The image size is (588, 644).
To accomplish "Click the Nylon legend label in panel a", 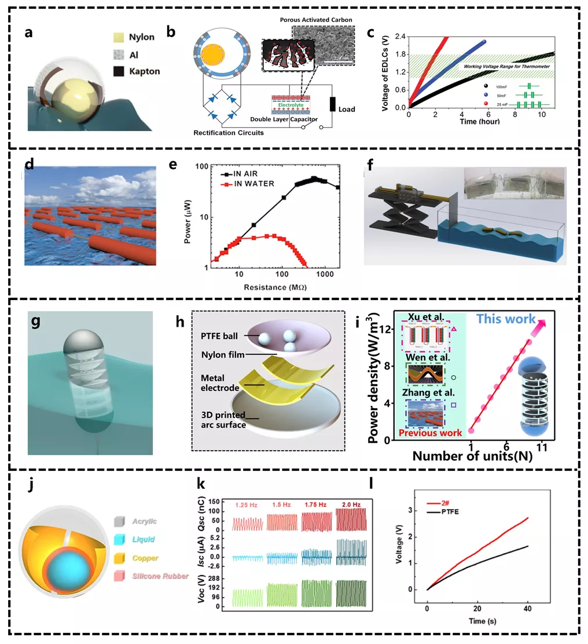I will pos(142,37).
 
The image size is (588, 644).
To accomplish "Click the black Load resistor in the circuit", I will pos(333,104).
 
